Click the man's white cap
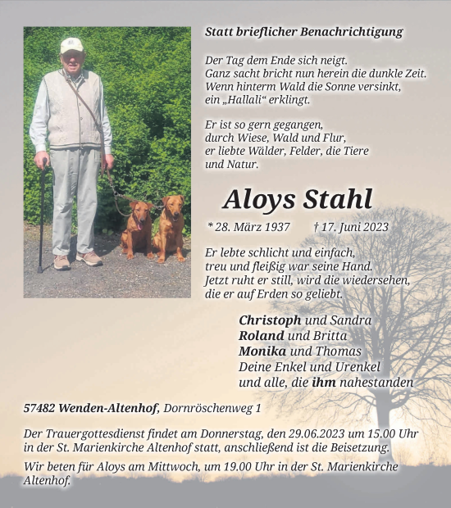(x=71, y=44)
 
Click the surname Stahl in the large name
(x=337, y=199)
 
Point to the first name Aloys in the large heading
(x=259, y=199)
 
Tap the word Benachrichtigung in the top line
(x=355, y=32)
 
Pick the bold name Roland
(x=262, y=336)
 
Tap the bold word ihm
(x=324, y=383)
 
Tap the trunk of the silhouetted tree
(x=382, y=410)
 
